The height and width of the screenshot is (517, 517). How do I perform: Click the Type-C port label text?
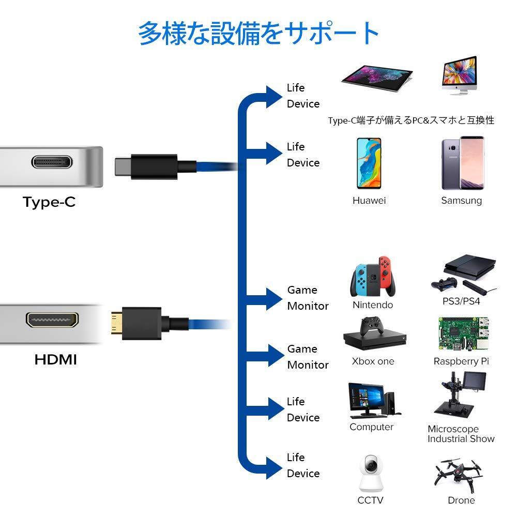(49, 202)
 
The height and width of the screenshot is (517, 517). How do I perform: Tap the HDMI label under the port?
(56, 359)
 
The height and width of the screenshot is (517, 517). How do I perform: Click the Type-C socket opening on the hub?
(52, 161)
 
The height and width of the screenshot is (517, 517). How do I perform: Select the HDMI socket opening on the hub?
(52, 320)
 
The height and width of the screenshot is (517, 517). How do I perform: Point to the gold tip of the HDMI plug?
(116, 324)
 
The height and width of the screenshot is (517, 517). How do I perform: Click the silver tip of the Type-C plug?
(123, 167)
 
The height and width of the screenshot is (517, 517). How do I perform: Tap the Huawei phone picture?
(369, 163)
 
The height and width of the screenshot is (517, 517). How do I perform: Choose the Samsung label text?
(461, 201)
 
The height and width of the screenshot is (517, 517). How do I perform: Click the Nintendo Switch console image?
(373, 277)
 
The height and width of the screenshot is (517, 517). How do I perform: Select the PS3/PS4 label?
(461, 301)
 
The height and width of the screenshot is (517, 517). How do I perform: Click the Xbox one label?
(373, 361)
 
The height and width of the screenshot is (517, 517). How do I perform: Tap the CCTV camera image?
(371, 474)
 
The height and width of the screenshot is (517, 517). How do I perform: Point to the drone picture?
(458, 474)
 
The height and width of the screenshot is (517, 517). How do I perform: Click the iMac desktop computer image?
(460, 75)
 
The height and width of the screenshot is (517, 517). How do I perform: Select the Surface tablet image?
(377, 78)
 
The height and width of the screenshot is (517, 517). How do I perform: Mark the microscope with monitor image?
(460, 394)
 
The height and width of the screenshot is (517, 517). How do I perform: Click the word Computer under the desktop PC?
(371, 427)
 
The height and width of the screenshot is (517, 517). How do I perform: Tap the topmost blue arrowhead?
(274, 97)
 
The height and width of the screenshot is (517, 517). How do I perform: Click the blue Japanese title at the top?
(258, 33)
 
